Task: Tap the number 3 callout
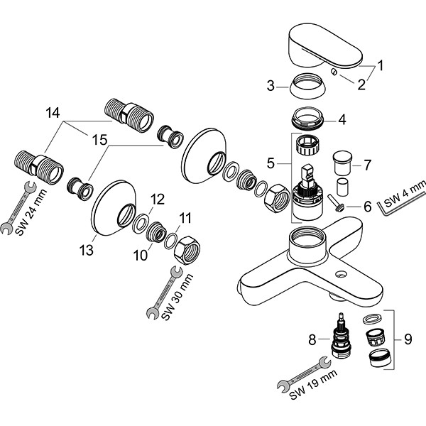(x=270, y=87)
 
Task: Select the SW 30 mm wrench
(x=163, y=293)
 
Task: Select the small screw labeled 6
(x=338, y=208)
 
